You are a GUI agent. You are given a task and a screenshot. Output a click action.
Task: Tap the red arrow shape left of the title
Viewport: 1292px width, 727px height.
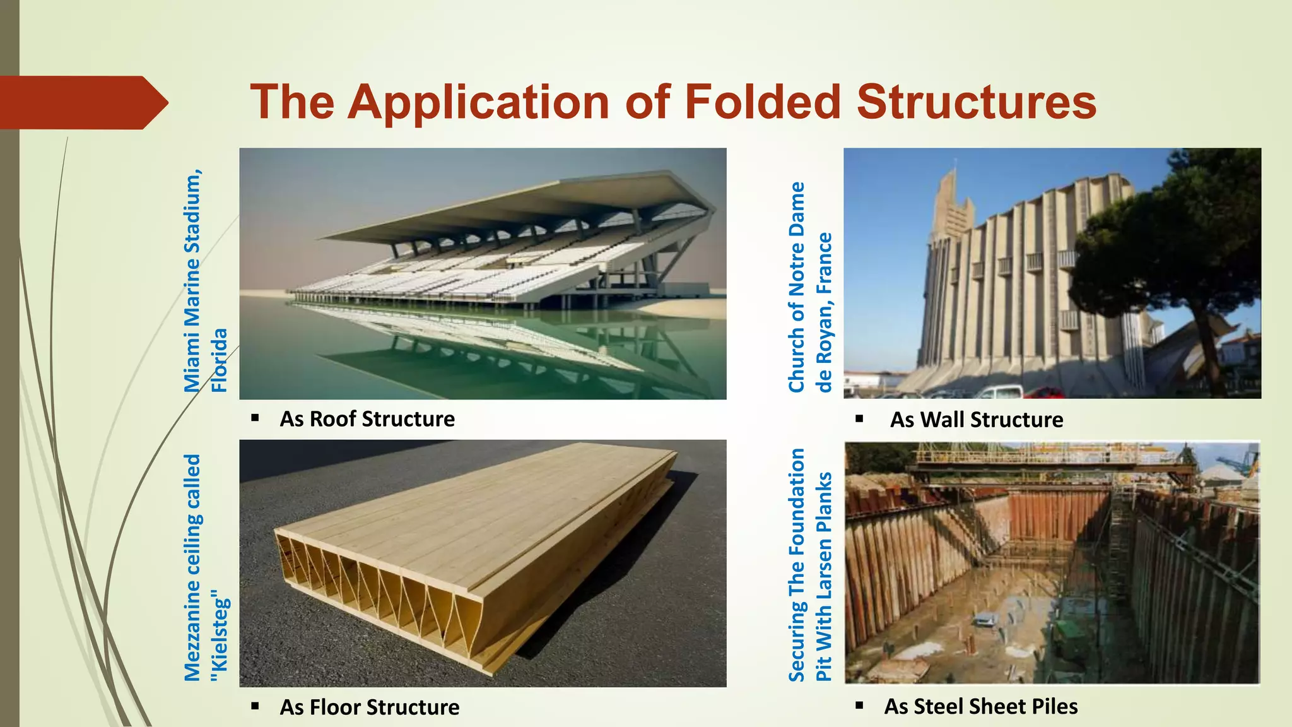tap(82, 102)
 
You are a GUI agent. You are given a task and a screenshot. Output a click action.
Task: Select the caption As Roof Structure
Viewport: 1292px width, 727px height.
tap(367, 419)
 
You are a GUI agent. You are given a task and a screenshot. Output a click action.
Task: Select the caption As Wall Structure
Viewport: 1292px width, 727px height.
tap(976, 420)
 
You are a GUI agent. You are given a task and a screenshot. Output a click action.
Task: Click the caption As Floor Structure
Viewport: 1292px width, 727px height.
tap(369, 707)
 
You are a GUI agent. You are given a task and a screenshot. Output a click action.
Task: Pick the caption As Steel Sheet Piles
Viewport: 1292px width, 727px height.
tap(980, 706)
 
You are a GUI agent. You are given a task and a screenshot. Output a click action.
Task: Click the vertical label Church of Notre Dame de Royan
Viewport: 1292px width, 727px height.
tap(809, 287)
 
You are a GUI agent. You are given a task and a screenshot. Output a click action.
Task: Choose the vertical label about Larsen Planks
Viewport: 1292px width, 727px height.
tap(810, 565)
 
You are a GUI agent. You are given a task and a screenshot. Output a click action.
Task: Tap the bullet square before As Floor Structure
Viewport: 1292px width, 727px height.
tap(255, 706)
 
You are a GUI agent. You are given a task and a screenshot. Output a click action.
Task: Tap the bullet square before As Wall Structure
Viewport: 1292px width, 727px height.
tap(859, 419)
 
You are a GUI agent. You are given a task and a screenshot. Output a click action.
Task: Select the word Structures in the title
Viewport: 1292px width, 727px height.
tap(977, 102)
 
